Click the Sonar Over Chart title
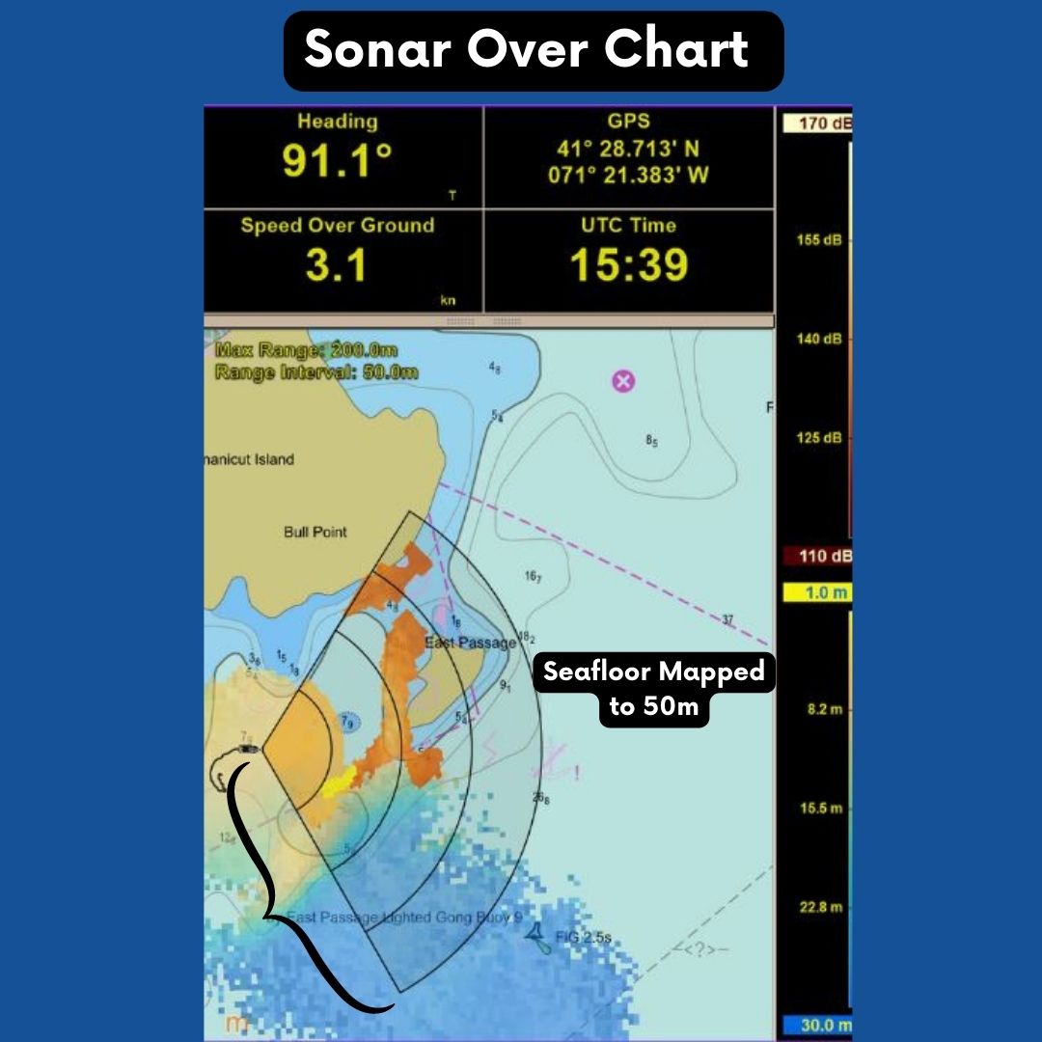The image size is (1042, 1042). point(527,50)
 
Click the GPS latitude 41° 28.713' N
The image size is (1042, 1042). point(628,150)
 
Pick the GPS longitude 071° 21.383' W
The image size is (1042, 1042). point(628,175)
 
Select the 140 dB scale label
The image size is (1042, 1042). point(819,339)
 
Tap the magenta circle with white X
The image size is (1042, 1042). point(623,381)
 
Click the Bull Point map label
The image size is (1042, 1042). point(315,532)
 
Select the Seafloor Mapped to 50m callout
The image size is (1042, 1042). point(653,688)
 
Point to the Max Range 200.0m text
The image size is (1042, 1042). point(306,350)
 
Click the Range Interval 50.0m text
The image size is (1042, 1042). point(315,371)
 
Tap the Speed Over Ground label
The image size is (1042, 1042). point(337,226)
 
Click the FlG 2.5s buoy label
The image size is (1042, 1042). point(583,937)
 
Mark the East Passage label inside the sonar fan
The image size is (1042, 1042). point(469,644)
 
